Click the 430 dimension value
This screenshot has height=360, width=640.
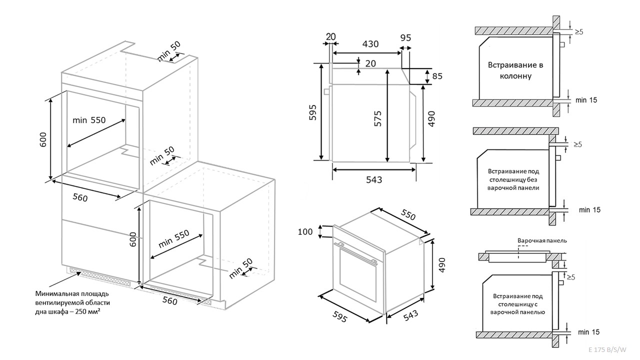point(370,43)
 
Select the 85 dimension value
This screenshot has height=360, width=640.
point(437,76)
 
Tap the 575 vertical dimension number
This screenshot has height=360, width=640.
point(378,118)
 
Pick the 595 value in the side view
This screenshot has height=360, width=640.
point(312,113)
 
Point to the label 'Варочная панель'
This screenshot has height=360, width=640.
point(541,240)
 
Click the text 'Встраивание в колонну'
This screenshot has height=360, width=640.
point(515,70)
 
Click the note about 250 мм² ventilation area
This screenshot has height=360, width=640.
point(72,302)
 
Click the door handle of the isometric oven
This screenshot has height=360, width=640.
point(356,252)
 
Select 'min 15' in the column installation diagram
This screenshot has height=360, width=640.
point(586,100)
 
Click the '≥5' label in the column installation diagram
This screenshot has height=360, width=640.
point(579,31)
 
